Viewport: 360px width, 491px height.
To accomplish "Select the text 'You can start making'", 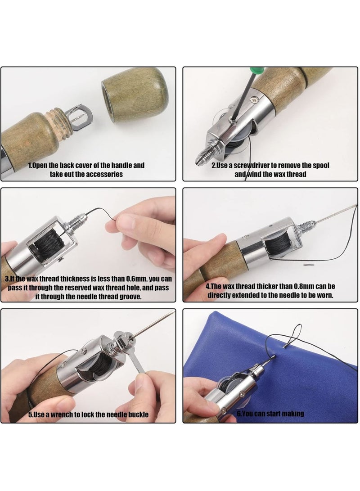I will (270, 414).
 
